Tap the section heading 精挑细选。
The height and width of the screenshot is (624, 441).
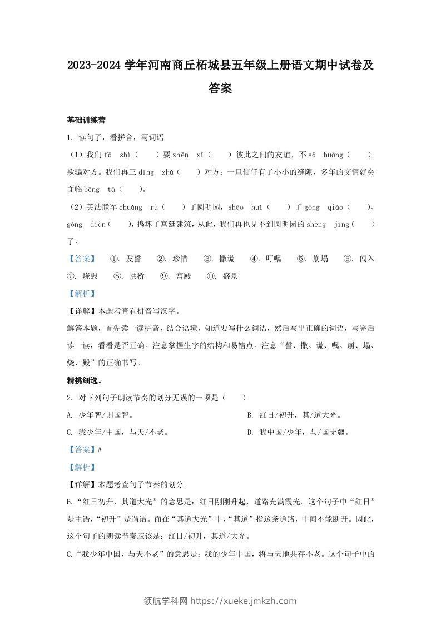pos(84,382)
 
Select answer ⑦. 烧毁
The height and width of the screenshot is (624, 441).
pos(82,276)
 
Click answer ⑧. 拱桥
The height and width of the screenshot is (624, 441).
pos(129,276)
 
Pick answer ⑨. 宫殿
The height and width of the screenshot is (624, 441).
pos(176,276)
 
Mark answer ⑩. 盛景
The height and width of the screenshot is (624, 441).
pos(222,276)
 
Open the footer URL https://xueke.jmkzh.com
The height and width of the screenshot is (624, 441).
pos(244,601)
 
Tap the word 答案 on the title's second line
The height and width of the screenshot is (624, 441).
pos(220,88)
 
